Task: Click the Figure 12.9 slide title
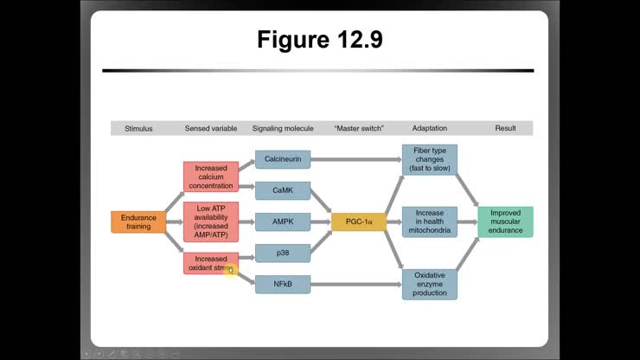pos(319,40)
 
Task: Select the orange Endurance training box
pos(138,222)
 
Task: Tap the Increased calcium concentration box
pos(210,177)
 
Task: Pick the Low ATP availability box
pos(210,222)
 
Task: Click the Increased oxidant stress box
pos(210,263)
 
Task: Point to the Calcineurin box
pos(283,159)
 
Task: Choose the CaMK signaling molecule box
pos(283,190)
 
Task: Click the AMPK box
pos(283,222)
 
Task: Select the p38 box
pos(283,253)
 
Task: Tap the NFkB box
pos(283,284)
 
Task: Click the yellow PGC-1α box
pos(358,222)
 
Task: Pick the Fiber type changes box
pos(429,160)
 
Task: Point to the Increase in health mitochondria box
pos(429,222)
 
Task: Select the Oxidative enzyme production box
pos(429,284)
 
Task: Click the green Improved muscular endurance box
pos(505,222)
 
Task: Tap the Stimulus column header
pos(138,128)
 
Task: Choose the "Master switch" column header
pos(358,128)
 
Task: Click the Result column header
pos(505,128)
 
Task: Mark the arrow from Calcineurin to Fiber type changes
pos(355,159)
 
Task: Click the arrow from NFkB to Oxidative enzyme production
pos(355,284)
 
